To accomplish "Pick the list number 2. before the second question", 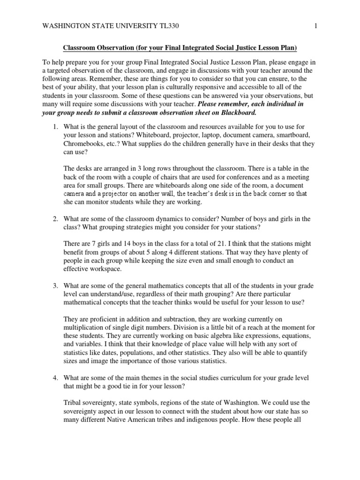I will click(55, 219).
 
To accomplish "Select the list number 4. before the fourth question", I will click(55, 378).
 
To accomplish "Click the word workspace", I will click(107, 269).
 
